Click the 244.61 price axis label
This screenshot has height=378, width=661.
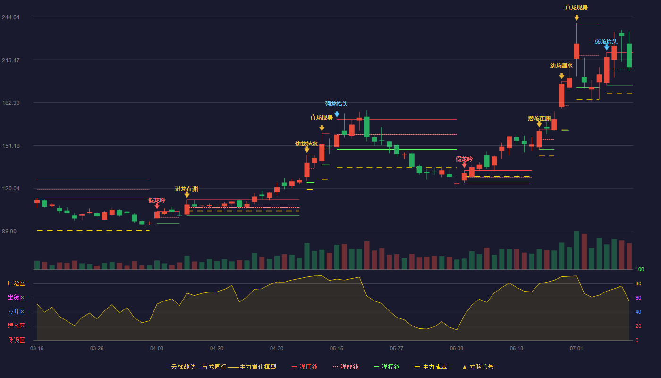11,17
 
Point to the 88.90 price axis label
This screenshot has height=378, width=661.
9,231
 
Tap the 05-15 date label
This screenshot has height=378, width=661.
337,349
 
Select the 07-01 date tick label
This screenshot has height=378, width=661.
576,349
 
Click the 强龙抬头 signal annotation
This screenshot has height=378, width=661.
336,104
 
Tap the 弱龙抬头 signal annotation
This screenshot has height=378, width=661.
606,42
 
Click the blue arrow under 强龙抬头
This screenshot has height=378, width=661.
337,114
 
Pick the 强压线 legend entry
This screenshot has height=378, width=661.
305,367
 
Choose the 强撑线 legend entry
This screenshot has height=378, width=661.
387,367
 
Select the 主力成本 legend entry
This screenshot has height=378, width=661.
431,367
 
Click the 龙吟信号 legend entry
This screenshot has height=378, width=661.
478,367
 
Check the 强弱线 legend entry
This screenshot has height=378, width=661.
346,367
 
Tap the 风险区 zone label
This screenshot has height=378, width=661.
16,283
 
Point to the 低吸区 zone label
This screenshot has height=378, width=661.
16,340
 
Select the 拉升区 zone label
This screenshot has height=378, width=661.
16,312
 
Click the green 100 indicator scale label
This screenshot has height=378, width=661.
640,269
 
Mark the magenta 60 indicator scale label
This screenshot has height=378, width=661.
638,298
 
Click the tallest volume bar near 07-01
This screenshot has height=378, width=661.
576,250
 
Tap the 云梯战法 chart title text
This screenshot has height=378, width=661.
184,367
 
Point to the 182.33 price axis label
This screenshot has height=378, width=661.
11,103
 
